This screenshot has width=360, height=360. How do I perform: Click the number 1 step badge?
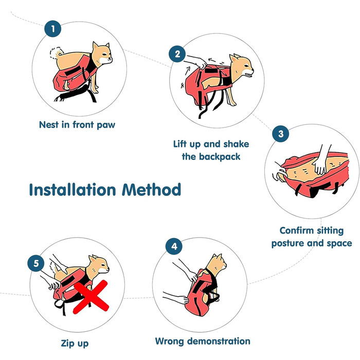(x=53, y=29)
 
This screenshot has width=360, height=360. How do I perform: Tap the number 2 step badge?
(x=177, y=54)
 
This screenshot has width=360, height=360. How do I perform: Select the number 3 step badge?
(x=281, y=134)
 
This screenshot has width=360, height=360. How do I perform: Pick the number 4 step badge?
(x=174, y=246)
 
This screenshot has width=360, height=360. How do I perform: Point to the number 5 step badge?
(x=36, y=263)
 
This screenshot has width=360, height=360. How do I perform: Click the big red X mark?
(x=91, y=297)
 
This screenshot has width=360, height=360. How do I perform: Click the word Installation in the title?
(x=73, y=190)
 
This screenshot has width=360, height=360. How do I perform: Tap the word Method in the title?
(x=152, y=190)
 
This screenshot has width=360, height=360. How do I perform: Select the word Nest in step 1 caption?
(x=49, y=124)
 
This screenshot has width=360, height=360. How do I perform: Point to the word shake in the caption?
(x=236, y=144)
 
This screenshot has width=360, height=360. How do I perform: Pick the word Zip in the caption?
(x=66, y=343)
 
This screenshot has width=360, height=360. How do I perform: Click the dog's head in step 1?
(x=102, y=53)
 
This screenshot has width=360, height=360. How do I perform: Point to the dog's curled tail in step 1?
(x=57, y=52)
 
